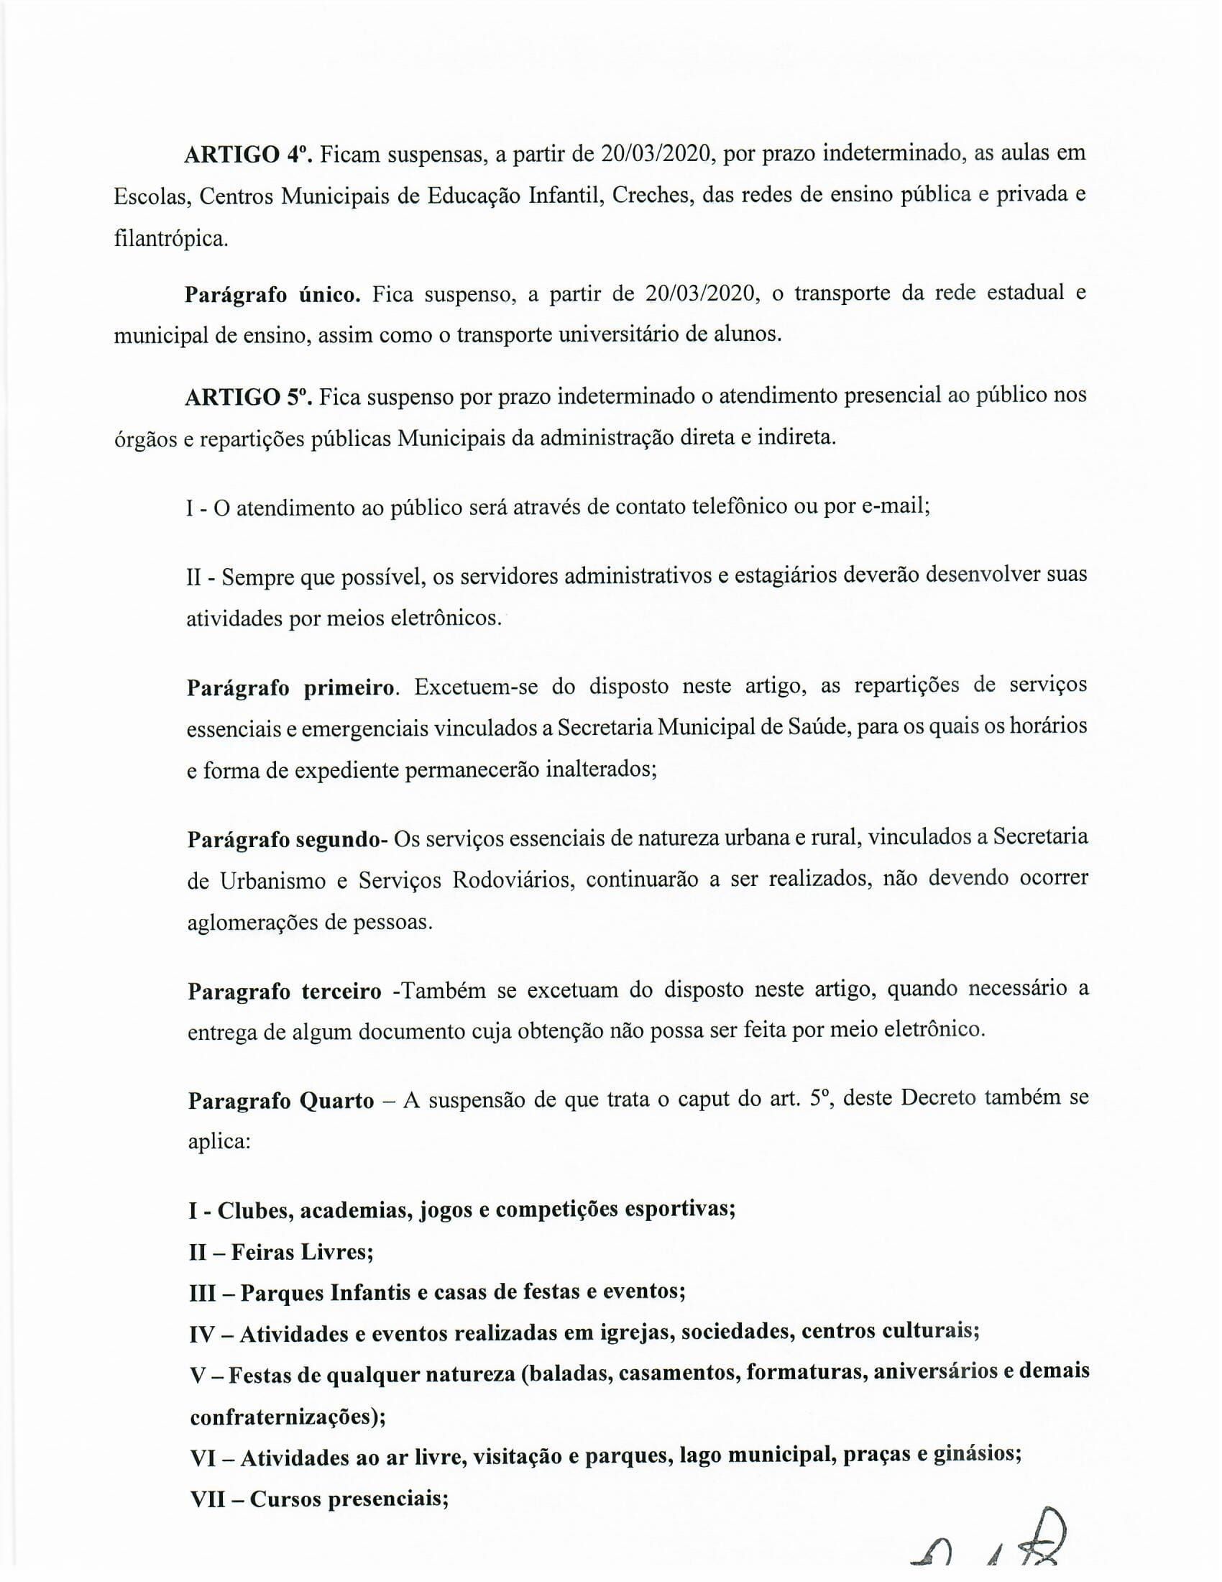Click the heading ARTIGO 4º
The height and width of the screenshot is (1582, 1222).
[x=247, y=155]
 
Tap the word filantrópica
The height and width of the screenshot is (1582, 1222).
[x=171, y=238]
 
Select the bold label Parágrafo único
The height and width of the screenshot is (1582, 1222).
[x=273, y=294]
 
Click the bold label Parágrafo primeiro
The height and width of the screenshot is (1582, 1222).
[x=291, y=687]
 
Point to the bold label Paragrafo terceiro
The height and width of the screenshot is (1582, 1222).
[x=285, y=991]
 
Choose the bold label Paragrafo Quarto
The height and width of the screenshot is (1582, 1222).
[x=281, y=1100]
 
